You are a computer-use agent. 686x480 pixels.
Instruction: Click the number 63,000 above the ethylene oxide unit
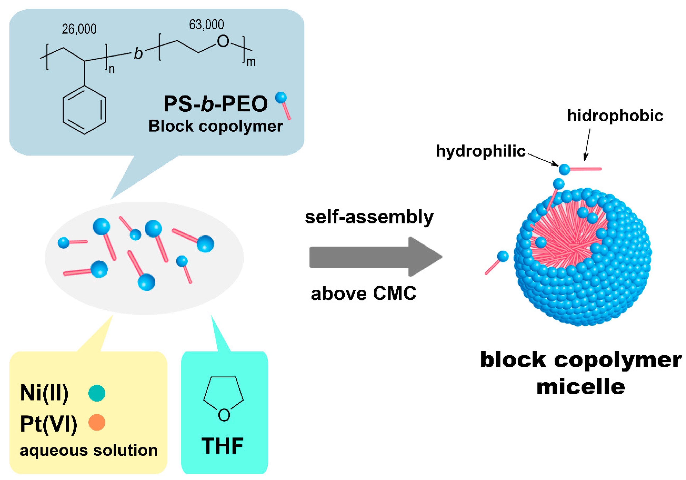point(206,25)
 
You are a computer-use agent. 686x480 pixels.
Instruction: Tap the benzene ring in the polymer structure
point(84,110)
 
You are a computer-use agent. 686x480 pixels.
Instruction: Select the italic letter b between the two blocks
point(138,54)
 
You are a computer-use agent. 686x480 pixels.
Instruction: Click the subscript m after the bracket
point(251,62)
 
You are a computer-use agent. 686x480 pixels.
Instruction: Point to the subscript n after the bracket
point(111,69)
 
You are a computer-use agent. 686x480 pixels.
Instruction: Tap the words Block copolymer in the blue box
point(215,126)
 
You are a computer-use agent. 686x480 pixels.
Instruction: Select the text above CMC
point(364,294)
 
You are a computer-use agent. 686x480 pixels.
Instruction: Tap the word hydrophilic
point(480,151)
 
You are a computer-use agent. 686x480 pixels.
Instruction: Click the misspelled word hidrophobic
point(615,116)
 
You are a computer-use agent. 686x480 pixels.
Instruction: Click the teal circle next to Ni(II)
point(97,393)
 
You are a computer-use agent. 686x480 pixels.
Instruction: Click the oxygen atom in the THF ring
point(224,415)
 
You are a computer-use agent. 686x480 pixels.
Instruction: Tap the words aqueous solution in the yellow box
point(88,450)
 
